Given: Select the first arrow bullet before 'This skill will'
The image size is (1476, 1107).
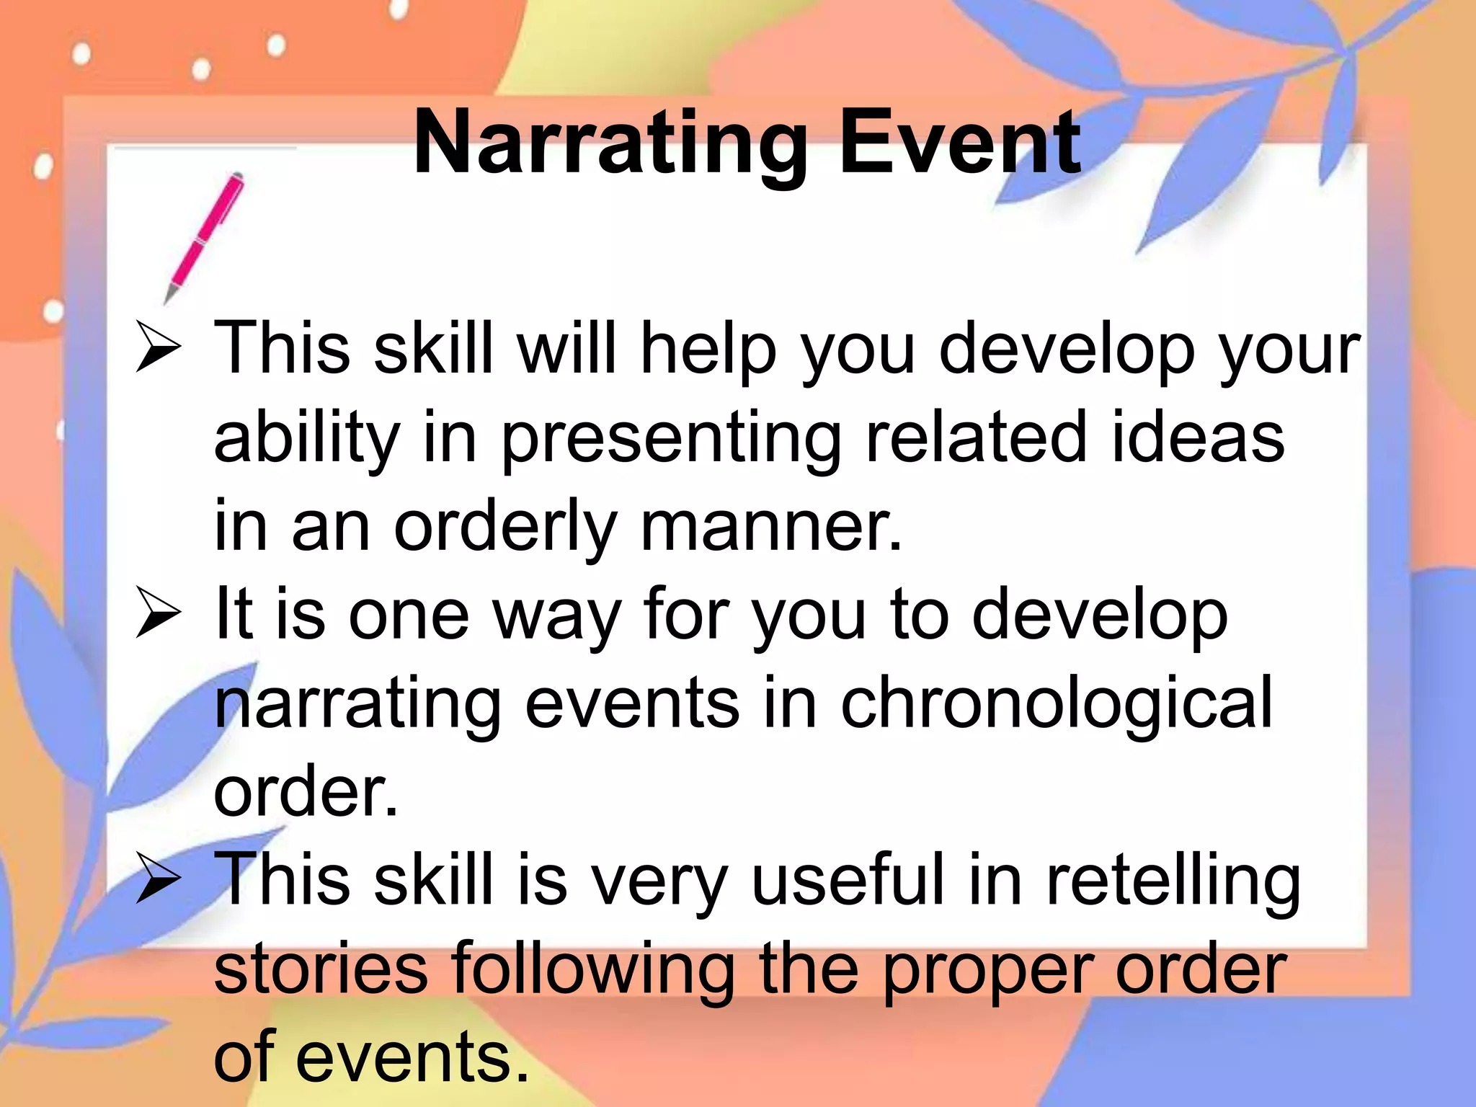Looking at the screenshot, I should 158,347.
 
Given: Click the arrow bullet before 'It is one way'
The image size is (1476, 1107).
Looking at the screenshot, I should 158,613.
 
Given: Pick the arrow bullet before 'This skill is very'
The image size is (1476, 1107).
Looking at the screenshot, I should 158,879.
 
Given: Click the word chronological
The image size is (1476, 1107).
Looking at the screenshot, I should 1057,705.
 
